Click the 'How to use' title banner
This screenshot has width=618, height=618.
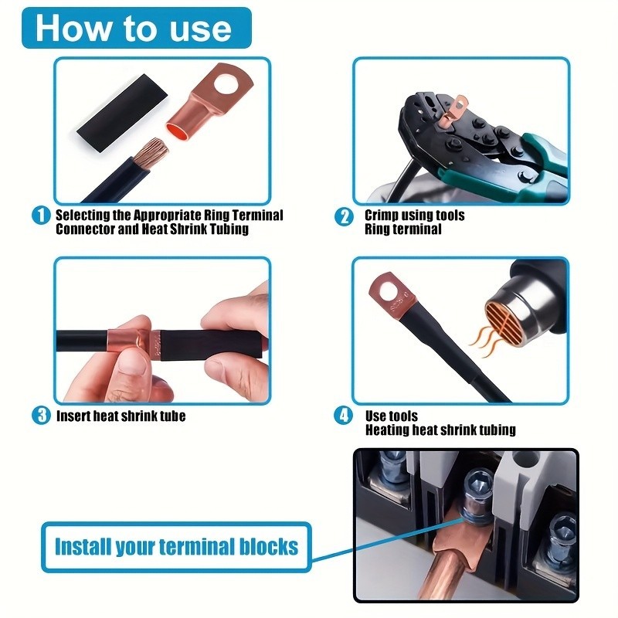133,28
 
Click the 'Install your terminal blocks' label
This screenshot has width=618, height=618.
176,547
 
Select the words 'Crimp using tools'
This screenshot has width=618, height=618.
415,216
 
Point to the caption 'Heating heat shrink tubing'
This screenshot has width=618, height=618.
440,430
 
